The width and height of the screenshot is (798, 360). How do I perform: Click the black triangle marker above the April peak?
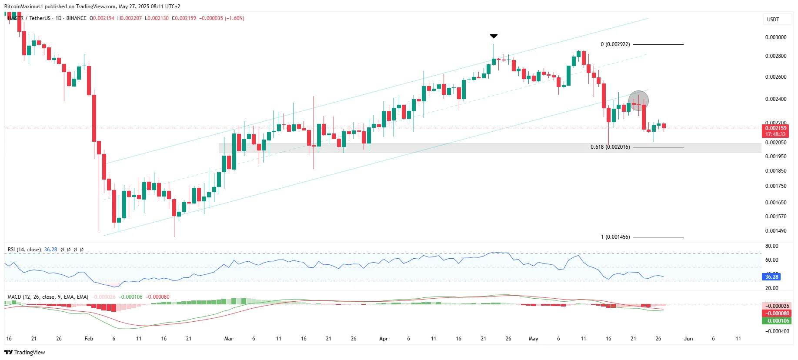tap(494, 36)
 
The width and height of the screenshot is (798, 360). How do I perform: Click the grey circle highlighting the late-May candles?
tap(638, 101)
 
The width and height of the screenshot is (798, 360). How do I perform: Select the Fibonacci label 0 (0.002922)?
tap(615, 44)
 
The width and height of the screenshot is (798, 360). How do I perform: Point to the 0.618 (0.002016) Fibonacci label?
tap(610, 147)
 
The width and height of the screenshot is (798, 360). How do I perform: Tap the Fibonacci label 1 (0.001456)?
tap(615, 237)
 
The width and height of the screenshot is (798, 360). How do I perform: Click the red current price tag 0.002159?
tap(776, 128)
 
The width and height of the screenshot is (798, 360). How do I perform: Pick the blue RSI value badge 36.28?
tap(771, 277)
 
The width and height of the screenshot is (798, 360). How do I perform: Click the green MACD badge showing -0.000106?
tap(777, 321)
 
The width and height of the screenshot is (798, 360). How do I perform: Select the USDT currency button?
tap(773, 20)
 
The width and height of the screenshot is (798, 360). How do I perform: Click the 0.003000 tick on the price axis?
tap(775, 37)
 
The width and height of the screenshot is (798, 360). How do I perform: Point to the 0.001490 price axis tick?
tap(775, 231)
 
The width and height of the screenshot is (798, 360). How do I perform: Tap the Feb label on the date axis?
tap(89, 339)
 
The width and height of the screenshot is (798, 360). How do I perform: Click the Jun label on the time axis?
tap(688, 339)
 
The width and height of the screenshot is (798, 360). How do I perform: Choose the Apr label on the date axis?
tap(383, 339)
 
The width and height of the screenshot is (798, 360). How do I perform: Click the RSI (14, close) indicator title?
tap(24, 250)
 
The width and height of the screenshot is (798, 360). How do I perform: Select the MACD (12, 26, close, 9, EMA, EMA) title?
tap(48, 297)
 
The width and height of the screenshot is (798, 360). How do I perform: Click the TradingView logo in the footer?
tap(25, 353)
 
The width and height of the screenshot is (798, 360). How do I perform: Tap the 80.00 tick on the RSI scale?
tap(771, 246)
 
